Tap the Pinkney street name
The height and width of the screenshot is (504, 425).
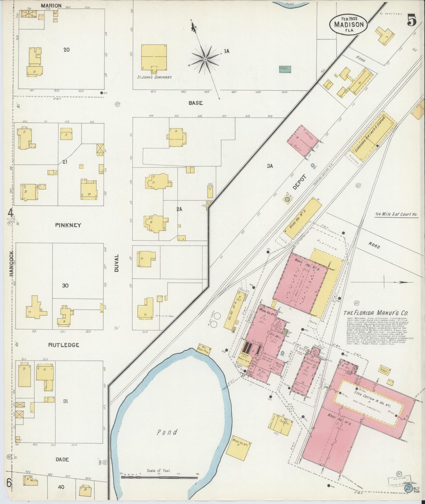click(68, 225)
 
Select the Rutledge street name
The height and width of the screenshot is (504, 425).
click(64, 345)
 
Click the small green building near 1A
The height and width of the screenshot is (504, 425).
click(285, 69)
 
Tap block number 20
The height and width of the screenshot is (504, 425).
click(66, 49)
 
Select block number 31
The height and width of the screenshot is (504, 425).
click(65, 401)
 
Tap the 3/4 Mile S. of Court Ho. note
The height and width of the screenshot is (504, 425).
click(396, 214)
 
